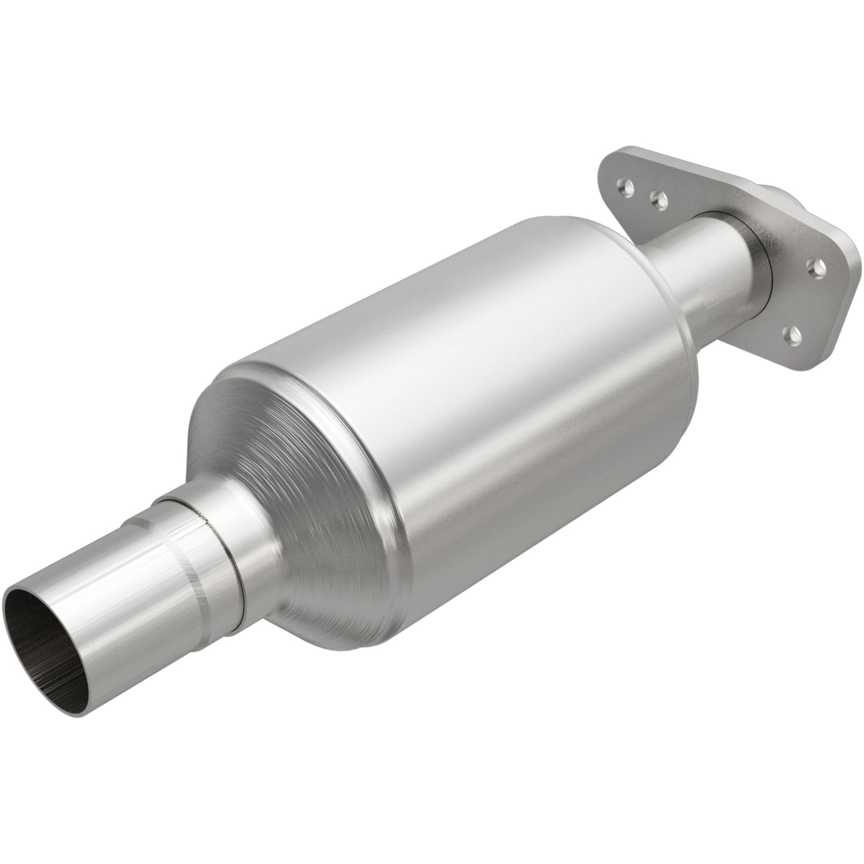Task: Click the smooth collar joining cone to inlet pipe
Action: (x=239, y=550)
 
